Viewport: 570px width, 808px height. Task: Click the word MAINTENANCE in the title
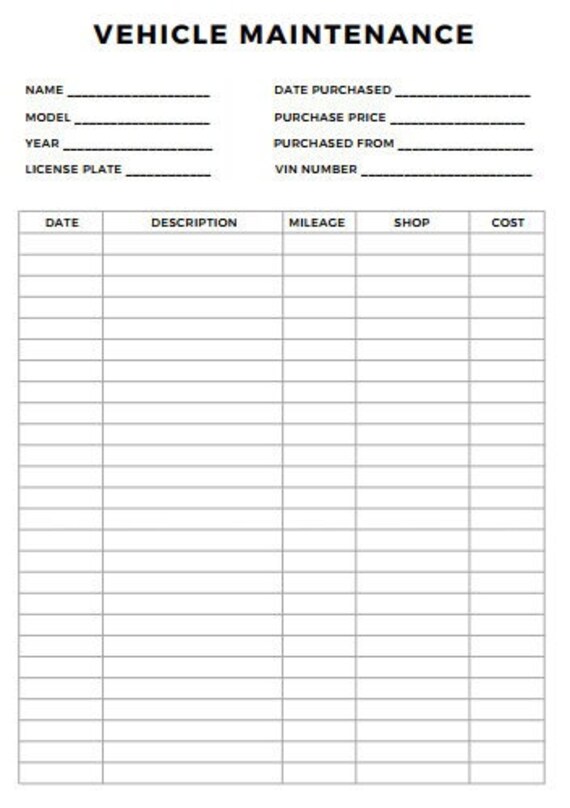(x=357, y=35)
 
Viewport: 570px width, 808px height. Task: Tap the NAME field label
(x=44, y=90)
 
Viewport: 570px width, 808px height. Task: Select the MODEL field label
(x=48, y=117)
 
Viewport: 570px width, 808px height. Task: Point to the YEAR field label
(x=42, y=143)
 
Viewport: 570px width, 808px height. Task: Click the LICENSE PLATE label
(x=73, y=169)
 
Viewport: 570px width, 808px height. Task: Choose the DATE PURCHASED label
(x=332, y=90)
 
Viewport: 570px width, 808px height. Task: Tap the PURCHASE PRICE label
(x=329, y=117)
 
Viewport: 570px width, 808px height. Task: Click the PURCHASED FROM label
(x=334, y=143)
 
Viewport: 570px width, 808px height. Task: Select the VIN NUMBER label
(x=315, y=169)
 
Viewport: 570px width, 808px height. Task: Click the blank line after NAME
(x=139, y=94)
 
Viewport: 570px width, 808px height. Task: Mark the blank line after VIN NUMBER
(x=446, y=173)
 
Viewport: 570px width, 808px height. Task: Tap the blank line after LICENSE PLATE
(x=168, y=173)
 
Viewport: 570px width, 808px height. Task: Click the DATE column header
(x=62, y=222)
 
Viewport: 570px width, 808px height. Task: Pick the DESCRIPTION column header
(x=194, y=222)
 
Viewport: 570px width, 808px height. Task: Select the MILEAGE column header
(x=317, y=222)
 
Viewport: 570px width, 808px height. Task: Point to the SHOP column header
(x=411, y=222)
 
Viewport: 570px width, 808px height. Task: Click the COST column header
(x=508, y=222)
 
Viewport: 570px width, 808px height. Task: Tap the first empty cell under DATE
(x=61, y=244)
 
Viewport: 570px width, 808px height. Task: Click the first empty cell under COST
(x=507, y=244)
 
